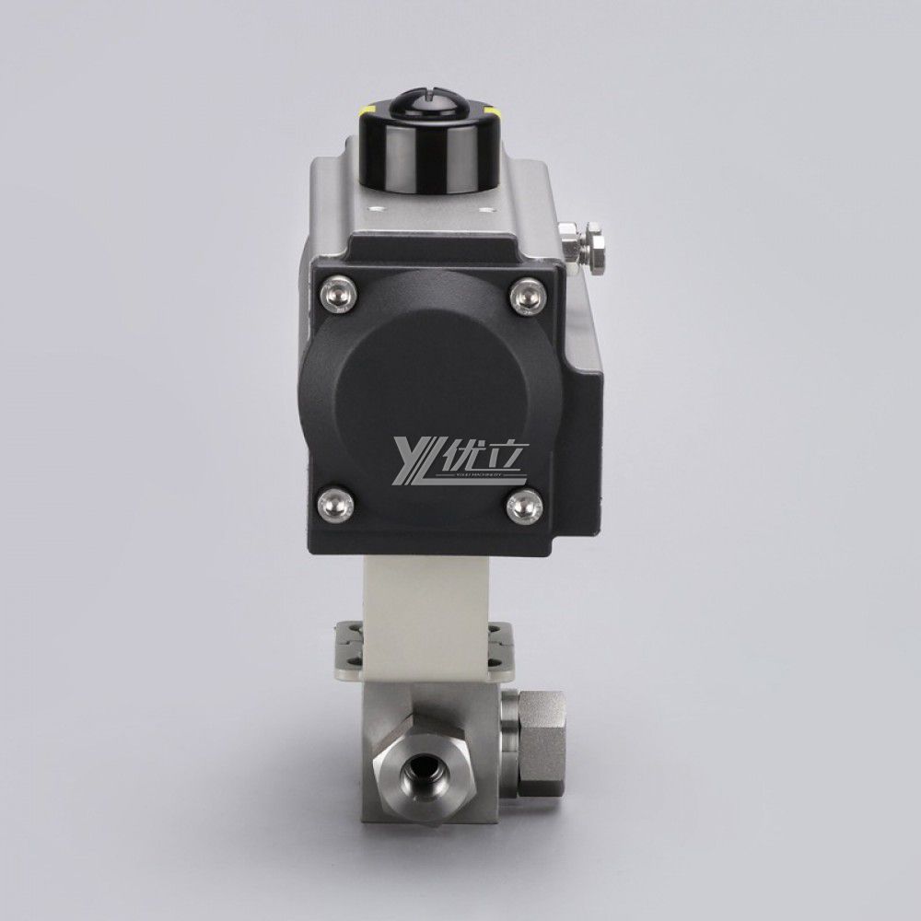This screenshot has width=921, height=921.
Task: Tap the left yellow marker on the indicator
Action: [x=367, y=114]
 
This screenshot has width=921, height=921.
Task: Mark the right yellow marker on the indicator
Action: [x=495, y=114]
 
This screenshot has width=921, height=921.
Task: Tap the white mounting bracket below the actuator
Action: [x=429, y=608]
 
